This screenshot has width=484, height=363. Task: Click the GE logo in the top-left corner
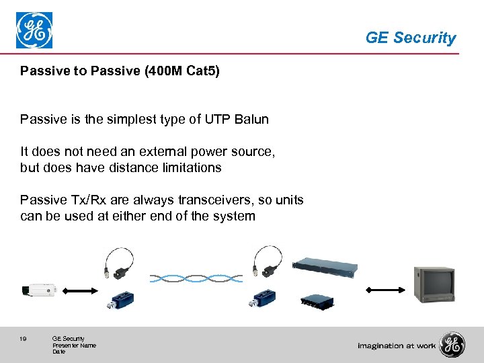point(34,30)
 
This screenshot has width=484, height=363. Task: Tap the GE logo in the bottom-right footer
point(452,345)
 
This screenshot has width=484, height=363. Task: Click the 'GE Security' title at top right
point(410,38)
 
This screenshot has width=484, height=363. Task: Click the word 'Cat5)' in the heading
point(202,71)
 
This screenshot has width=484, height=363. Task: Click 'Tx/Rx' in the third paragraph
point(89,200)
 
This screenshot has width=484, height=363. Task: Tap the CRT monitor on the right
point(434,284)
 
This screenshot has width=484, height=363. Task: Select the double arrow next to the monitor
point(382,290)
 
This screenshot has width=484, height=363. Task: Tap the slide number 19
point(23,339)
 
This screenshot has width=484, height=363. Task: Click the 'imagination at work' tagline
point(397,346)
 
